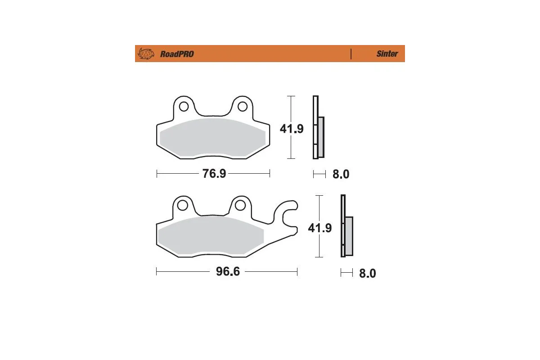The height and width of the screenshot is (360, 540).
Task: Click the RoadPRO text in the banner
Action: pyautogui.click(x=177, y=54)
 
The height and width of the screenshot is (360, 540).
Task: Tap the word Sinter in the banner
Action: pyautogui.click(x=387, y=54)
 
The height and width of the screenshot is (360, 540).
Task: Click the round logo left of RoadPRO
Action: pyautogui.click(x=145, y=54)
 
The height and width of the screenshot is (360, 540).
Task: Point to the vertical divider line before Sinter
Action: pyautogui.click(x=351, y=54)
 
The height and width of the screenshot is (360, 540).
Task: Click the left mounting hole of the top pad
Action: pyautogui.click(x=184, y=107)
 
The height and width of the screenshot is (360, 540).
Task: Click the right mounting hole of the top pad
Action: pyautogui.click(x=243, y=107)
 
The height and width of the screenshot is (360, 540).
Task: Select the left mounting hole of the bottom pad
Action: pyautogui.click(x=182, y=206)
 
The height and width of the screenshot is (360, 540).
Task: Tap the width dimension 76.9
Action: pyautogui.click(x=214, y=174)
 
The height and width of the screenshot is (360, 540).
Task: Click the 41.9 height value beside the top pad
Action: pyautogui.click(x=292, y=129)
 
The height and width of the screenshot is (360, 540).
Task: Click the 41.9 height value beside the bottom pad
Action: pyautogui.click(x=319, y=228)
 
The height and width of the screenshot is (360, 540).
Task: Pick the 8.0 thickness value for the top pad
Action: pyautogui.click(x=341, y=174)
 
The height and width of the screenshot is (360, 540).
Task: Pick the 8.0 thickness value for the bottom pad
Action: pyautogui.click(x=367, y=273)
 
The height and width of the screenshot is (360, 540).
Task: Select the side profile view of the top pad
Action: pyautogui.click(x=318, y=128)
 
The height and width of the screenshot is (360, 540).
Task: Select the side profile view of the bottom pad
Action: pyautogui.click(x=346, y=227)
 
